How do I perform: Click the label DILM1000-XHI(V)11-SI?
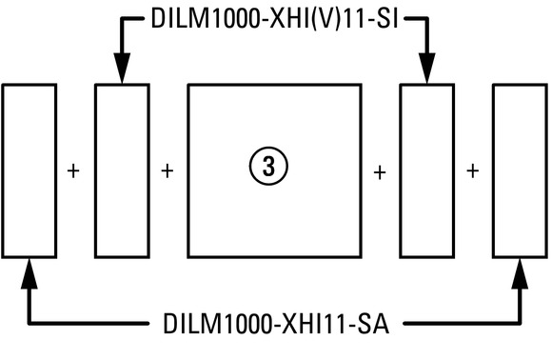point(275,18)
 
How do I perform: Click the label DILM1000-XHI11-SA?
point(276,324)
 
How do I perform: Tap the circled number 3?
point(268,167)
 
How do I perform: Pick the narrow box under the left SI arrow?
point(95,170)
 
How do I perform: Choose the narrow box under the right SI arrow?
point(401,170)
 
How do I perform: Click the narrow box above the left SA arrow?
point(3,170)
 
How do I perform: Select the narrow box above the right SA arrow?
point(494,170)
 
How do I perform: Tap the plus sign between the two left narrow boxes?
point(73,171)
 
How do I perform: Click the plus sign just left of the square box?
point(168,171)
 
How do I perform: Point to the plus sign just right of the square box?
point(380,173)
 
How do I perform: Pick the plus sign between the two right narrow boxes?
point(473,171)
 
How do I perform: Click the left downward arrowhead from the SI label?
point(122,68)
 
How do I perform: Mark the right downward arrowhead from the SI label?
point(427,68)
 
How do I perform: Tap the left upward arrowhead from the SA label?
point(30,274)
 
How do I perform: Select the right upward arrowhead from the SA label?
point(520,274)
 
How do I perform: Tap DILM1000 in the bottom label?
point(218,324)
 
